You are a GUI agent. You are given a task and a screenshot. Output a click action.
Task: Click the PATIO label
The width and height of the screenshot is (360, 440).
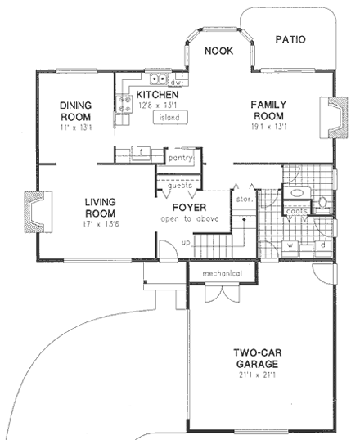290,38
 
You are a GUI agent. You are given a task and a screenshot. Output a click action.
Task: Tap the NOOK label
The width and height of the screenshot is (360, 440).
218,51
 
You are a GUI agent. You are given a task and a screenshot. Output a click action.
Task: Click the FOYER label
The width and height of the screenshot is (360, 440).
188,207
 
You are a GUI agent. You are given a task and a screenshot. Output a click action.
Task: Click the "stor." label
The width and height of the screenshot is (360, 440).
243,199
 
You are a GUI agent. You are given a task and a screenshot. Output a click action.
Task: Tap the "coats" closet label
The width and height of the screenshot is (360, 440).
296,211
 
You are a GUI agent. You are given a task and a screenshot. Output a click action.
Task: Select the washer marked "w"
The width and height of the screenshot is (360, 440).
290,244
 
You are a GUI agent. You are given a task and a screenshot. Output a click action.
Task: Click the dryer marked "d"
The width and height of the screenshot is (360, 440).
322,244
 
